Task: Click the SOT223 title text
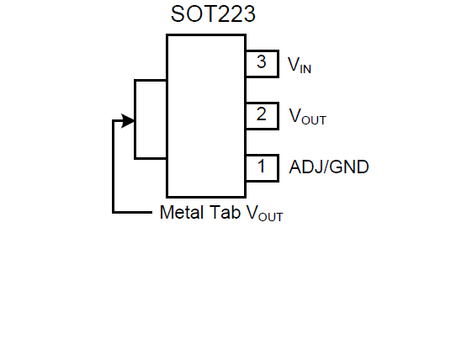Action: click(x=213, y=13)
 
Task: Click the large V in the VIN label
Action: click(x=294, y=64)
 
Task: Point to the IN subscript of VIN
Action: click(x=305, y=69)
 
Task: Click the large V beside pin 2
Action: click(x=295, y=115)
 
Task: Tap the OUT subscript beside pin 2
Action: click(x=314, y=120)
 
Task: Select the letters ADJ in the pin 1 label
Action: click(x=306, y=167)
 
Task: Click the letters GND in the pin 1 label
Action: click(x=349, y=167)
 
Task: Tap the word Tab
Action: click(x=226, y=212)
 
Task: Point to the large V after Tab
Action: click(x=252, y=212)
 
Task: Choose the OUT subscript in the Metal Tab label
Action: click(x=271, y=217)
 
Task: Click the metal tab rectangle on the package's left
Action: click(x=135, y=119)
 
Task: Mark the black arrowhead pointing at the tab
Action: click(x=128, y=120)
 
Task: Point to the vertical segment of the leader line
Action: click(x=114, y=167)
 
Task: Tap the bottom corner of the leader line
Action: click(x=114, y=212)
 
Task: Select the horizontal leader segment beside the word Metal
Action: click(x=132, y=212)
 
